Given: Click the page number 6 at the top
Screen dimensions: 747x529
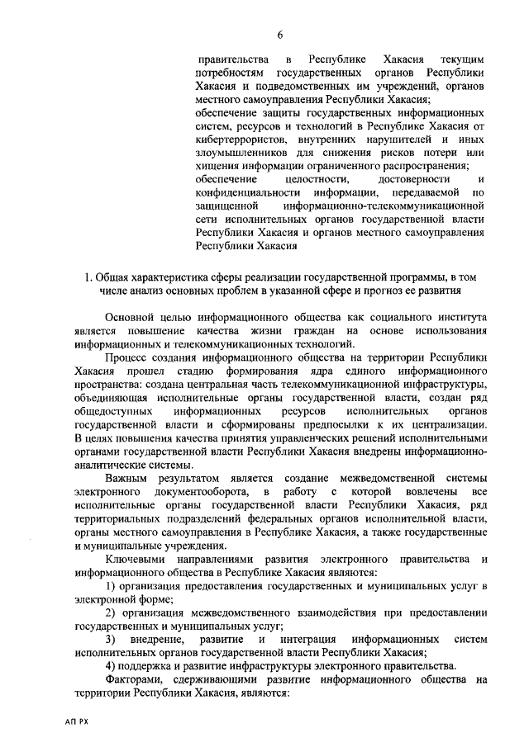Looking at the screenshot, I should (280, 34).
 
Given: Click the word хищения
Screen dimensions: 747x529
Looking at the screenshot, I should (217, 165).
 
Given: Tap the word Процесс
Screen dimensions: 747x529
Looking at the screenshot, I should (128, 357).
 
